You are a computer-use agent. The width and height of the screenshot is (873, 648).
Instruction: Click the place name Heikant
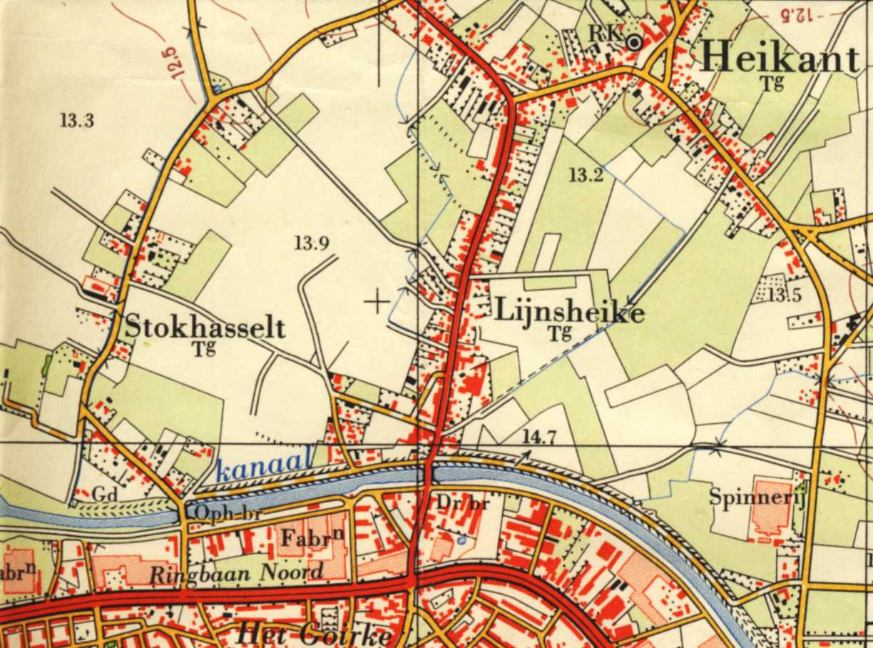(780, 56)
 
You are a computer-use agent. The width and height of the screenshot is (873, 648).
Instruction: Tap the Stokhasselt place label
(205, 328)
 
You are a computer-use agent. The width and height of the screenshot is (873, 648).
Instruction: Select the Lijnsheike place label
(569, 312)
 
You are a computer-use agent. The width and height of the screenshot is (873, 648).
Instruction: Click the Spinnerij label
(757, 497)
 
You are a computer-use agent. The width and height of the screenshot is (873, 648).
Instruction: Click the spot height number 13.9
(312, 244)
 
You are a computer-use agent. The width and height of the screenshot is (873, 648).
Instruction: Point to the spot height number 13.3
(76, 121)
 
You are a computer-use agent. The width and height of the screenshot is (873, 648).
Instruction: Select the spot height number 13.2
(586, 173)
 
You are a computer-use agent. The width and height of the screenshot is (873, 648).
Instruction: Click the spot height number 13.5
(785, 294)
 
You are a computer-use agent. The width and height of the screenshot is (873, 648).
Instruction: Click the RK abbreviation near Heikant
(607, 32)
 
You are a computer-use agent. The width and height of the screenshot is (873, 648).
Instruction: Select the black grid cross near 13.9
(377, 302)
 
